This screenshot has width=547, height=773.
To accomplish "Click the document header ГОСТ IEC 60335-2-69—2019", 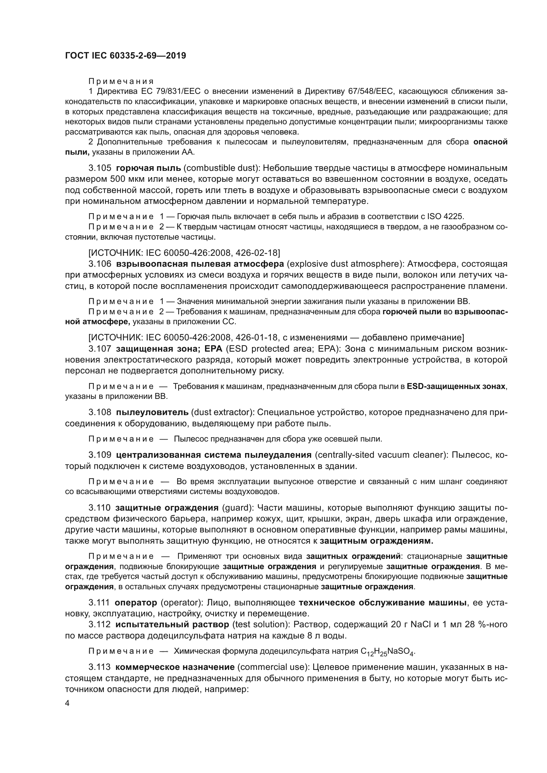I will tap(125, 56).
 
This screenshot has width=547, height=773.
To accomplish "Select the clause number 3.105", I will tap(100, 168).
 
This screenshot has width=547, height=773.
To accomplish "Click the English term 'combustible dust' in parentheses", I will tap(222, 168).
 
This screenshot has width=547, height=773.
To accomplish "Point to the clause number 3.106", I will tap(100, 264).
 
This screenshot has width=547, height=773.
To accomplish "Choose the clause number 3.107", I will tap(100, 348).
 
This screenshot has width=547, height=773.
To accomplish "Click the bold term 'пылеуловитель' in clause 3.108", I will tap(152, 412).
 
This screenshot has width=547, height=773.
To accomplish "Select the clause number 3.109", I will tap(100, 455).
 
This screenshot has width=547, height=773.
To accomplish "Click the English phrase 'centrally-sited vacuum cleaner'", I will tap(380, 455).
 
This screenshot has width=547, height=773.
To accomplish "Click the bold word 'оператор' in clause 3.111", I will tap(136, 602).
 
